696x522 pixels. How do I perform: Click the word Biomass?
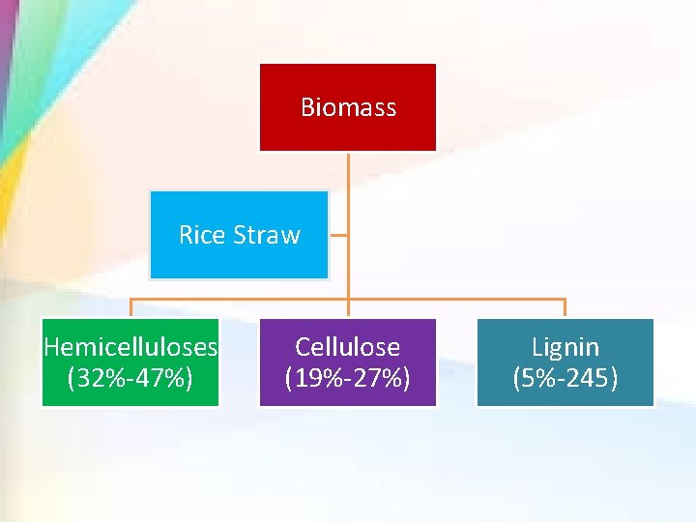348,107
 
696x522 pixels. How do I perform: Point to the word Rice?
202,235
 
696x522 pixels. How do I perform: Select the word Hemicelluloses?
130,347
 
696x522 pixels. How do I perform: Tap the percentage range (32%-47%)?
130,378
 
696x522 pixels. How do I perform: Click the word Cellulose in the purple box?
347,347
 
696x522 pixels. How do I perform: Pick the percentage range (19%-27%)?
347,378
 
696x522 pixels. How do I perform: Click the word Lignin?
565,347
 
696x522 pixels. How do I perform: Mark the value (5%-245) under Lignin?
565,378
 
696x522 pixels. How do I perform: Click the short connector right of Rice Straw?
338,234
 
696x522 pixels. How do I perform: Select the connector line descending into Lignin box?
565,308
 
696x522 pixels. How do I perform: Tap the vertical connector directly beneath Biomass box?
348,174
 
